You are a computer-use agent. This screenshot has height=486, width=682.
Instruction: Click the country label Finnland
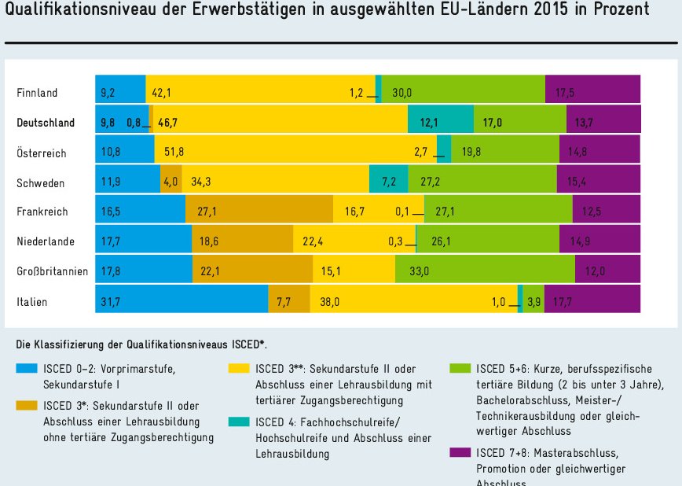(37, 93)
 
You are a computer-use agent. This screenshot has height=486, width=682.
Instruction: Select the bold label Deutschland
(46, 123)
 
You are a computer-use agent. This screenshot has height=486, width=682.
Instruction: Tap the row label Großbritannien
(52, 272)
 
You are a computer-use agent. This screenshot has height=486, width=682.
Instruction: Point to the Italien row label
(32, 302)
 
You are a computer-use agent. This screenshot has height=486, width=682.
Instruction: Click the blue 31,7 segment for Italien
(181, 300)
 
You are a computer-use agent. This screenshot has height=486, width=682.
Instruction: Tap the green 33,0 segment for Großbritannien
(486, 270)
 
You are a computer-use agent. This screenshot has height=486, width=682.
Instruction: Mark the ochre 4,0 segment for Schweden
(171, 182)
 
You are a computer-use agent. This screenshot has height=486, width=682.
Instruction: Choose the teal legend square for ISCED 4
(239, 422)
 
